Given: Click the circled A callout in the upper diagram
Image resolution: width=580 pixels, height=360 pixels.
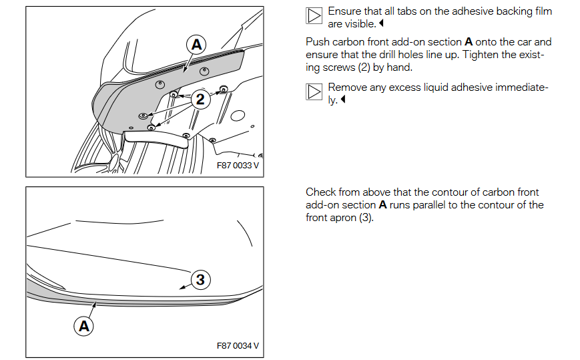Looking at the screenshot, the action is point(196,45).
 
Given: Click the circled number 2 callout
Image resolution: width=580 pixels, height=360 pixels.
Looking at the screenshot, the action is point(200,99).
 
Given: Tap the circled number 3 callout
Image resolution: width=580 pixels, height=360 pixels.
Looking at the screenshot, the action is point(200,280).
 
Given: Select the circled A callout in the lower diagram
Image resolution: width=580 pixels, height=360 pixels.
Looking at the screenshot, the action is point(84,327).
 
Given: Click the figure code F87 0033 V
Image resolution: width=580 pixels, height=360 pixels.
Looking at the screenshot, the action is point(238,166).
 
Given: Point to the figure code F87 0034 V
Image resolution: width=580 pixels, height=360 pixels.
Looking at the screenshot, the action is point(238,345).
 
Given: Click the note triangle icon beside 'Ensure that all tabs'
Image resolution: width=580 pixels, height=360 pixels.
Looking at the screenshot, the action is point(314,15).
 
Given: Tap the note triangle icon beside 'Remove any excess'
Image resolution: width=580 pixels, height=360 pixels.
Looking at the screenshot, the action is point(314,92).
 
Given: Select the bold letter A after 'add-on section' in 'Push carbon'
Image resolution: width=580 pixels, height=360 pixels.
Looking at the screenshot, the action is point(469,42).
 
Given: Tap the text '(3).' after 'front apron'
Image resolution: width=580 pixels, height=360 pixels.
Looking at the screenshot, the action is point(366,218).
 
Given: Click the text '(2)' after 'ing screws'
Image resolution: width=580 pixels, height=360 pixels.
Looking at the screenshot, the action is point(364,67).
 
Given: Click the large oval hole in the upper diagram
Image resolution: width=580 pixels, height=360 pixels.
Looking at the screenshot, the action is point(238,116).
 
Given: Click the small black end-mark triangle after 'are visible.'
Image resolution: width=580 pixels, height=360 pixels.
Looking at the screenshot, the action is point(381,23).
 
